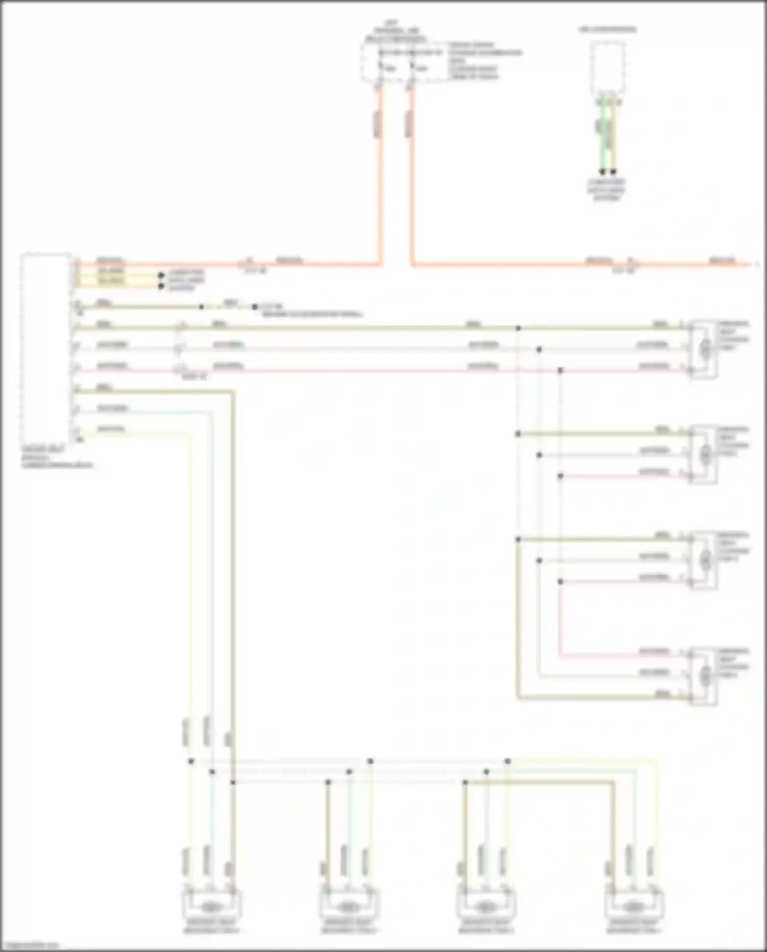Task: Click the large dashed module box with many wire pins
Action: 46,348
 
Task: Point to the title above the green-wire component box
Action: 607,29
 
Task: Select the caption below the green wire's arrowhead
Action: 606,190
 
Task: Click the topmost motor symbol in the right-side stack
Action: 705,349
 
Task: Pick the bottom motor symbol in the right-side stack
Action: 705,676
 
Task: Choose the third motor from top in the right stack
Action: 705,560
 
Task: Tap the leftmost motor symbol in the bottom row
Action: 211,906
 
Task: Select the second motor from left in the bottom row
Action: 348,906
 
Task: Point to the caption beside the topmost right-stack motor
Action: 733,335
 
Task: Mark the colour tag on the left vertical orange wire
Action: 377,124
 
